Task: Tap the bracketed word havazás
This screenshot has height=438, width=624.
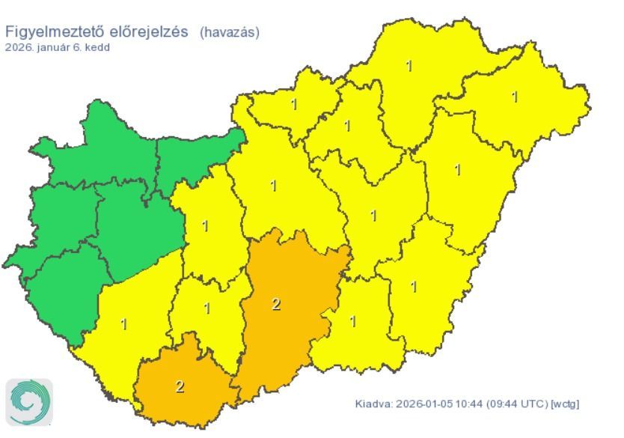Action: (229, 32)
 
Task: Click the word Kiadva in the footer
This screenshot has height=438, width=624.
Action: (372, 404)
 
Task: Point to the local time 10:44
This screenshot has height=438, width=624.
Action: (468, 404)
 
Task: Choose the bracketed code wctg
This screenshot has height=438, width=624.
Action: (564, 404)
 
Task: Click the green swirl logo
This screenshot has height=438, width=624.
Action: (29, 403)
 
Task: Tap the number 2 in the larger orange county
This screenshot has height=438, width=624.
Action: (276, 304)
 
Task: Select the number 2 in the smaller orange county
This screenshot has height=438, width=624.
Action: (180, 386)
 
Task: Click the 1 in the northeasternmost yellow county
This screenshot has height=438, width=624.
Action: (515, 96)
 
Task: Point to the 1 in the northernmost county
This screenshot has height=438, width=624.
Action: (409, 65)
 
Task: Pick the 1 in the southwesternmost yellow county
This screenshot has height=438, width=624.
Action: (123, 324)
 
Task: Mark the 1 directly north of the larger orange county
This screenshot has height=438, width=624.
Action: (273, 185)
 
